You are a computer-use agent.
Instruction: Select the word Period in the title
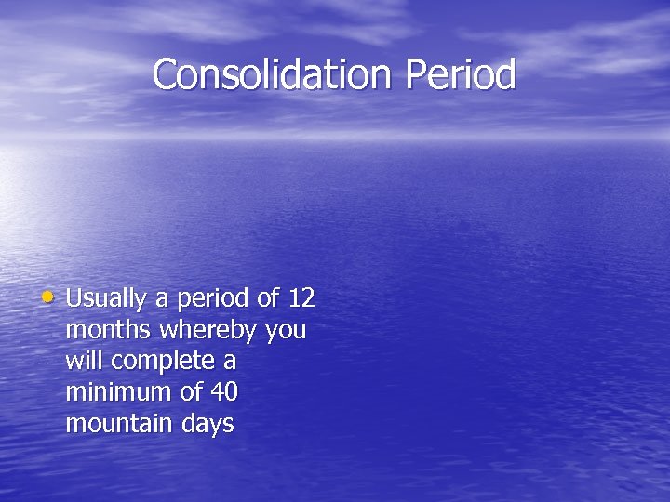(x=461, y=74)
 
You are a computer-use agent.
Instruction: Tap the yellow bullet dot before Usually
(x=49, y=297)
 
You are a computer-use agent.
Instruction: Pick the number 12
(x=301, y=299)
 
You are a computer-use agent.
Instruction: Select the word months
(x=109, y=330)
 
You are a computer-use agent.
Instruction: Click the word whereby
(x=211, y=331)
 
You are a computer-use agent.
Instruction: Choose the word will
(x=83, y=361)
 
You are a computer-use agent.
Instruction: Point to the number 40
(x=224, y=392)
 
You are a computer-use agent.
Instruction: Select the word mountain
(x=119, y=424)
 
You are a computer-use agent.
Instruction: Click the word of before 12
(x=269, y=299)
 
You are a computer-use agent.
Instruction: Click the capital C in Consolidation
(x=166, y=74)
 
